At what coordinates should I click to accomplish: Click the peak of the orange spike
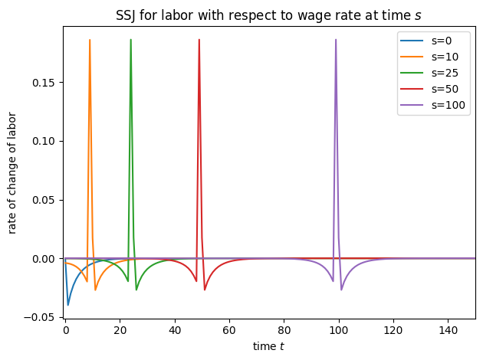[90, 40]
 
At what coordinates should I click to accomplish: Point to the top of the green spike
[131, 40]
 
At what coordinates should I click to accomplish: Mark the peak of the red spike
[199, 40]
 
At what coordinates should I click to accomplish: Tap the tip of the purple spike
[336, 40]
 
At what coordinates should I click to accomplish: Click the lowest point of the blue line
[68, 305]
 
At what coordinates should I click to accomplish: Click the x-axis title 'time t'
[269, 347]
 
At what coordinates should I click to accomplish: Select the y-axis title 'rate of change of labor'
[12, 178]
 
